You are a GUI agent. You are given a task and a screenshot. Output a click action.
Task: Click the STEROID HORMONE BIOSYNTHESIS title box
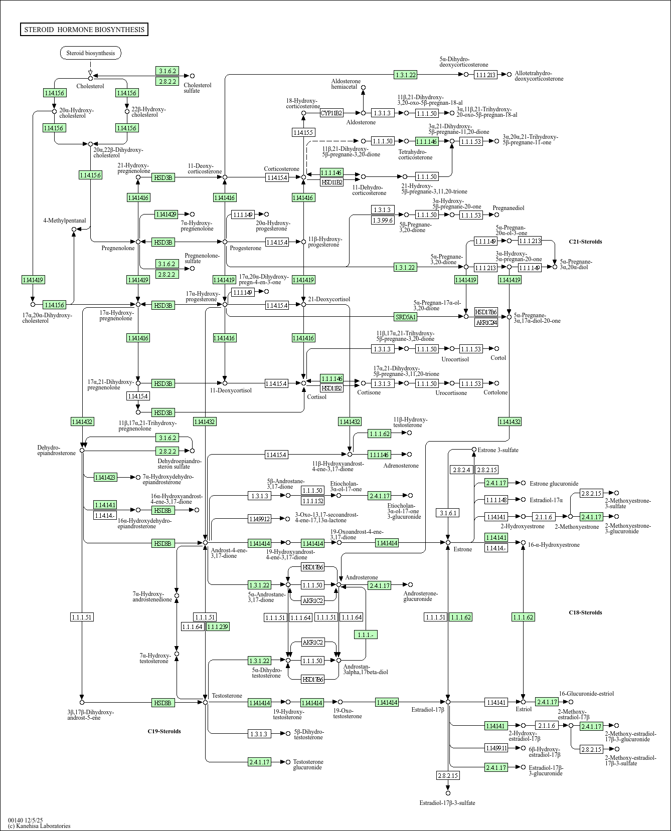[x=84, y=30]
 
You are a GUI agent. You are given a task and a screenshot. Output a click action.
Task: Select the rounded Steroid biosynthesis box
[x=91, y=53]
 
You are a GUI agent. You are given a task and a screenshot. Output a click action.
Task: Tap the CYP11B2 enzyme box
[x=331, y=113]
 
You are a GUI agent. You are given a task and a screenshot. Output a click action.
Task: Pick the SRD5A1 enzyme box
[x=406, y=317]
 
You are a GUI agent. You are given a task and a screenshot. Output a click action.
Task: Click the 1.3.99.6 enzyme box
[x=383, y=220]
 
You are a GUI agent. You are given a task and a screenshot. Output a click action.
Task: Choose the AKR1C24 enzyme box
[x=486, y=322]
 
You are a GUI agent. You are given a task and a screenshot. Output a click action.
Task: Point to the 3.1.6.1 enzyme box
[x=448, y=513]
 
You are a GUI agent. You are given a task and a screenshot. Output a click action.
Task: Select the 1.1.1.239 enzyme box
[x=218, y=627]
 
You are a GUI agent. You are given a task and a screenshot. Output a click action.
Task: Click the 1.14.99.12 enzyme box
[x=259, y=519]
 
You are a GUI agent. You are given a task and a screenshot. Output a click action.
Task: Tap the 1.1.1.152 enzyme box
[x=312, y=500]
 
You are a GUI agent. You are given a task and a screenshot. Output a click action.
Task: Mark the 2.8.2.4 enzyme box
[x=462, y=470]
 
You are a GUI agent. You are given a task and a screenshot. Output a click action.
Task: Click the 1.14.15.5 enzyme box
[x=303, y=132]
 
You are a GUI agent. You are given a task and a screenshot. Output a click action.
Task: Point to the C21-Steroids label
[x=585, y=242]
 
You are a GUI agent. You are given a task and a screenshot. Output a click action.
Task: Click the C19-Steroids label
[x=164, y=731]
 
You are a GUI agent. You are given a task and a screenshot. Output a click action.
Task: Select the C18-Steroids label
[x=585, y=612]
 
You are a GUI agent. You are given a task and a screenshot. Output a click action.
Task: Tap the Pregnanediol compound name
[x=509, y=208]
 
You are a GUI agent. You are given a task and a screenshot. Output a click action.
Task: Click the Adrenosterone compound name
[x=401, y=466]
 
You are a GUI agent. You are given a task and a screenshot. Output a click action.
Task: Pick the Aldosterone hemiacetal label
[x=346, y=84]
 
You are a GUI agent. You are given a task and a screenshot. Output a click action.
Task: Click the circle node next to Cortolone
[x=497, y=383]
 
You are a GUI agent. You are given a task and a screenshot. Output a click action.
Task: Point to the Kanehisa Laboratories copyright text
[x=39, y=825]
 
